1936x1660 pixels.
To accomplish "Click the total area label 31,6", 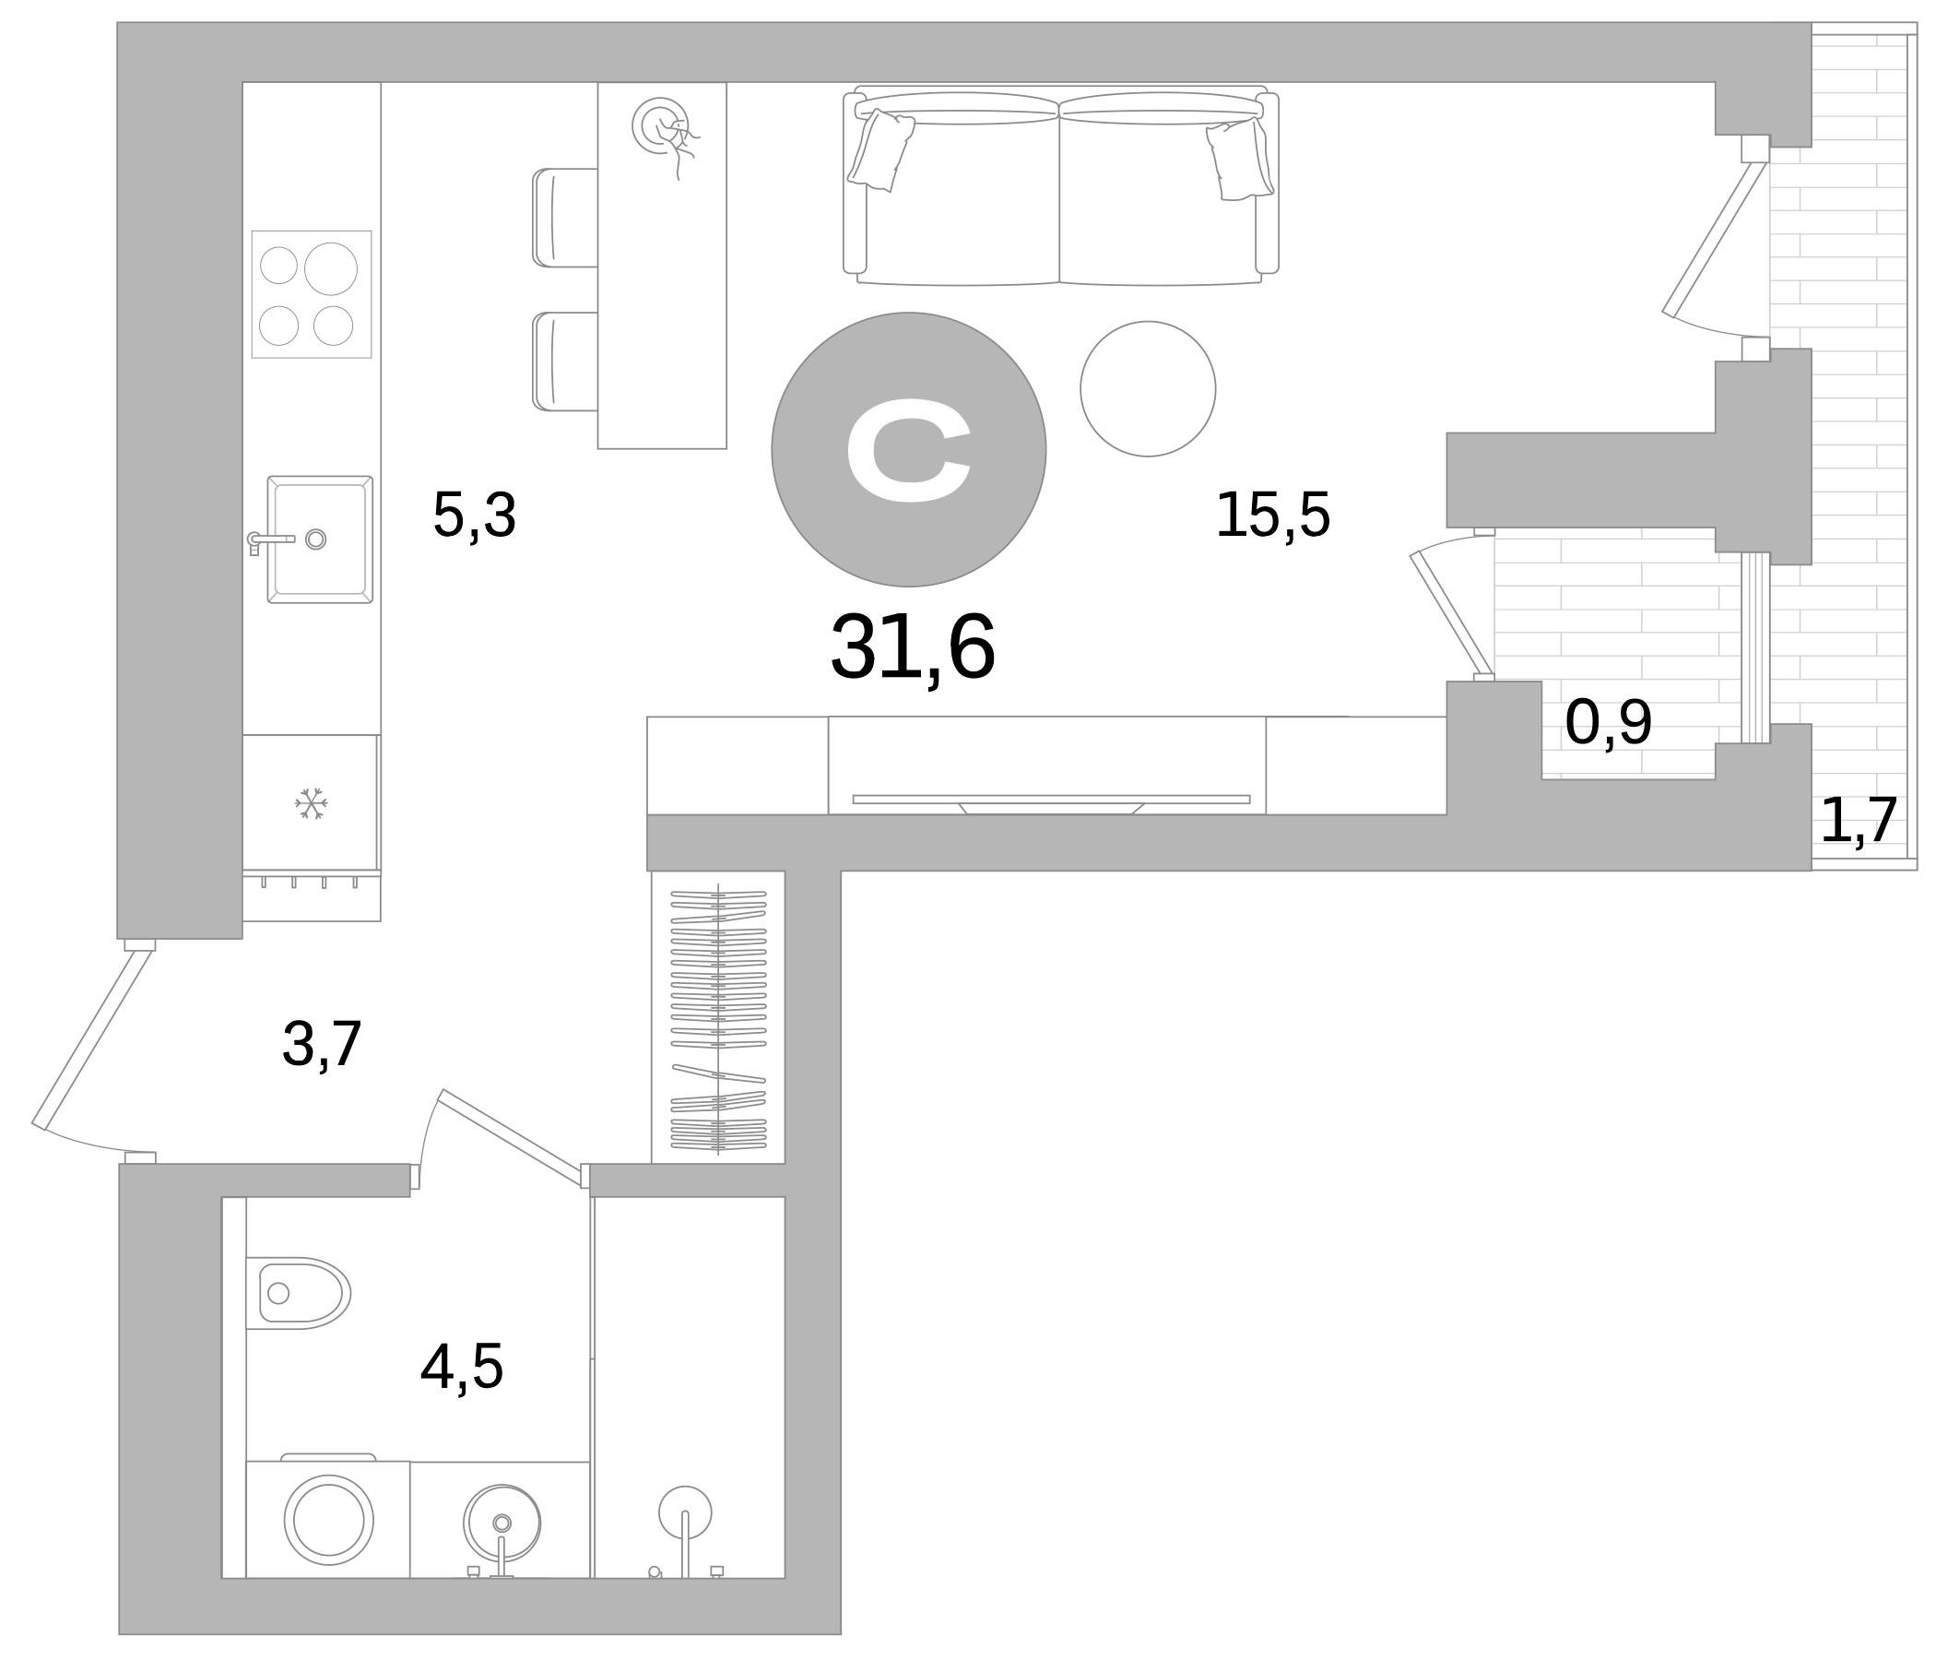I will (x=912, y=647).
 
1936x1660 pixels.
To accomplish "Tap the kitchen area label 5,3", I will (x=474, y=515).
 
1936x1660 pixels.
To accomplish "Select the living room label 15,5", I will (x=1271, y=515).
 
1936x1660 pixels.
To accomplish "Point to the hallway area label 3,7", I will (x=322, y=1044).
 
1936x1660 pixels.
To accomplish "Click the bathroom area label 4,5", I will (x=462, y=1368).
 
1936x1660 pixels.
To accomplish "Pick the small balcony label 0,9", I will (x=1608, y=723).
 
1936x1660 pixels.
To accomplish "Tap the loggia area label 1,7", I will (x=1858, y=821).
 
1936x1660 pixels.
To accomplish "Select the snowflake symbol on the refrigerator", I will (x=312, y=803).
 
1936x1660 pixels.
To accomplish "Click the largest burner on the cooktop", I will (x=331, y=268).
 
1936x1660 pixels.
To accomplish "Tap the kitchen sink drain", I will (x=316, y=539).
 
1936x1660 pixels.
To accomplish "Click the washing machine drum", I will (x=329, y=1520).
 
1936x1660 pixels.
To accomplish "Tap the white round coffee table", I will (x=1148, y=389).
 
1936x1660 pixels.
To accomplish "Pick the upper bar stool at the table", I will (x=565, y=218).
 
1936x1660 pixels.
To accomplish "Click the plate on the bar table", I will (x=661, y=125).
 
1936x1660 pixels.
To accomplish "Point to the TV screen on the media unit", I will (x=1050, y=800).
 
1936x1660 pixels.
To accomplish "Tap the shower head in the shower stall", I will (x=685, y=1512).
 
